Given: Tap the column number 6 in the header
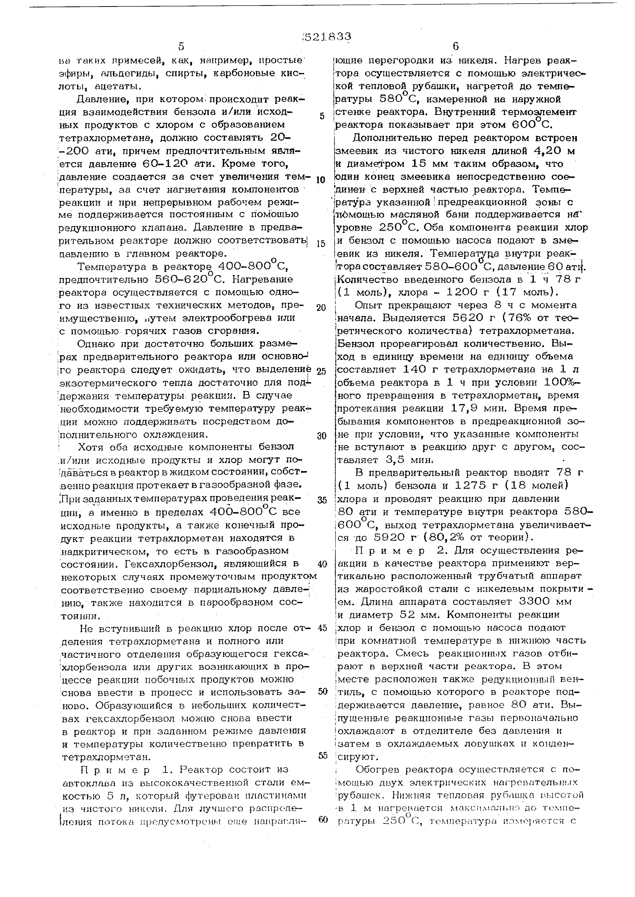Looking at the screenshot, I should [456, 47].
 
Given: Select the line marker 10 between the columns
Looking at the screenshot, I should [321, 180].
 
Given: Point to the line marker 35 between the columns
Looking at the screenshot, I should [322, 500].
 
